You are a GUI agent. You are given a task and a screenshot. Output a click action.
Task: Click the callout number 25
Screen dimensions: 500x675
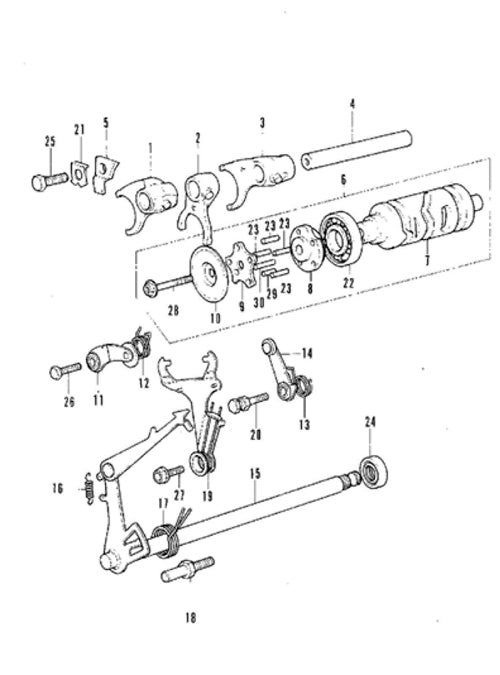pyautogui.click(x=50, y=141)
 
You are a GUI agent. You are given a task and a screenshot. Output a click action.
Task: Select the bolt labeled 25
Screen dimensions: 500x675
pyautogui.click(x=50, y=181)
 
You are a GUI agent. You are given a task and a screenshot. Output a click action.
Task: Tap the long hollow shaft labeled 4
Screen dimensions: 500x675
pyautogui.click(x=356, y=149)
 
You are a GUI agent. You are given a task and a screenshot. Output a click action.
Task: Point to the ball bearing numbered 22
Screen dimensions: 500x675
pyautogui.click(x=341, y=239)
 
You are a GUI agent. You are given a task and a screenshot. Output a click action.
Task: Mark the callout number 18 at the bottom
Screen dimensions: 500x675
pyautogui.click(x=191, y=618)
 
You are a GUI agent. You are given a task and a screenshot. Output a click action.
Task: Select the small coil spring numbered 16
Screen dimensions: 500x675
pyautogui.click(x=90, y=489)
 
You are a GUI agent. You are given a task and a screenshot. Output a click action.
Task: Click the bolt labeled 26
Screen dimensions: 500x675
pyautogui.click(x=66, y=370)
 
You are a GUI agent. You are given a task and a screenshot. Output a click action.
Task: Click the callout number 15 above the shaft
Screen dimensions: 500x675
pyautogui.click(x=255, y=474)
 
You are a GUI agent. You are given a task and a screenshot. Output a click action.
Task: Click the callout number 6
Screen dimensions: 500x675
pyautogui.click(x=343, y=180)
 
